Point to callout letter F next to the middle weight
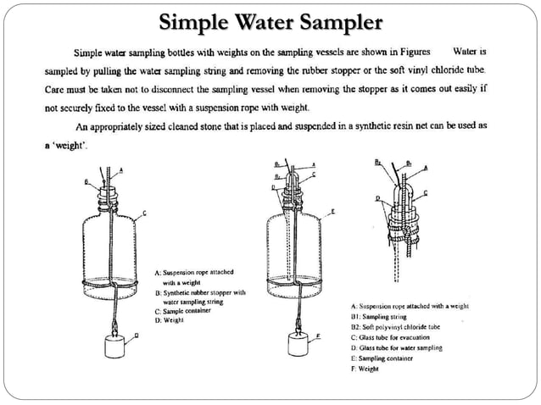pyautogui.click(x=317, y=336)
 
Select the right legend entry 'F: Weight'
pyautogui.click(x=370, y=369)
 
